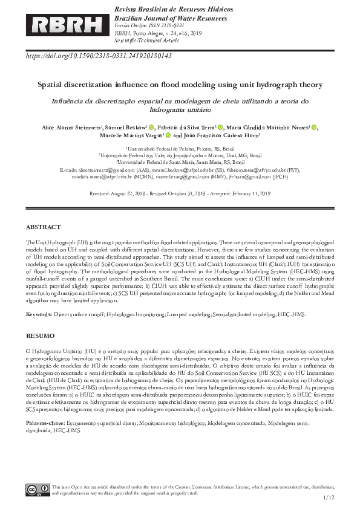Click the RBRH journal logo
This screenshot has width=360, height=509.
(x=67, y=24)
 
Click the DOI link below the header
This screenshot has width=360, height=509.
(x=99, y=56)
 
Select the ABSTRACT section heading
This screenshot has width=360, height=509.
(x=43, y=227)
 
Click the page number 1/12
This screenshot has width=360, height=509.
(x=329, y=497)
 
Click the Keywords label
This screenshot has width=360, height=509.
(x=39, y=297)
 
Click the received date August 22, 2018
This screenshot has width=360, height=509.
(x=127, y=193)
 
